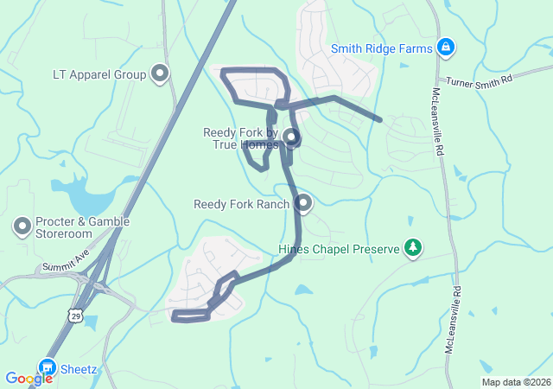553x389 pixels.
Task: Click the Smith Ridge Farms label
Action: coord(381,49)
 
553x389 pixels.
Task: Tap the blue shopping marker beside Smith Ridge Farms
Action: coord(446,47)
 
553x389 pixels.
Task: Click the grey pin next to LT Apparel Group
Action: coord(160,74)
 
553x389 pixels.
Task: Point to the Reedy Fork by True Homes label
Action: coord(240,138)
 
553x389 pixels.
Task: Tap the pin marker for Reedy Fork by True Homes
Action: coord(290,137)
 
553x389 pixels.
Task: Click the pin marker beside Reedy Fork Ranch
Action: coord(303,203)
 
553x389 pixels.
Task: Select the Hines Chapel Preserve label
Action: coord(339,250)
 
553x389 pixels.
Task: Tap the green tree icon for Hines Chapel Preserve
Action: coord(414,249)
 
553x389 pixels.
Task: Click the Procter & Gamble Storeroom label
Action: coord(82,227)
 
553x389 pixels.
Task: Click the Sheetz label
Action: coord(79,369)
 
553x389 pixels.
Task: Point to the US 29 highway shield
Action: coord(76,317)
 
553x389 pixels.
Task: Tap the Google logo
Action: coord(29,379)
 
